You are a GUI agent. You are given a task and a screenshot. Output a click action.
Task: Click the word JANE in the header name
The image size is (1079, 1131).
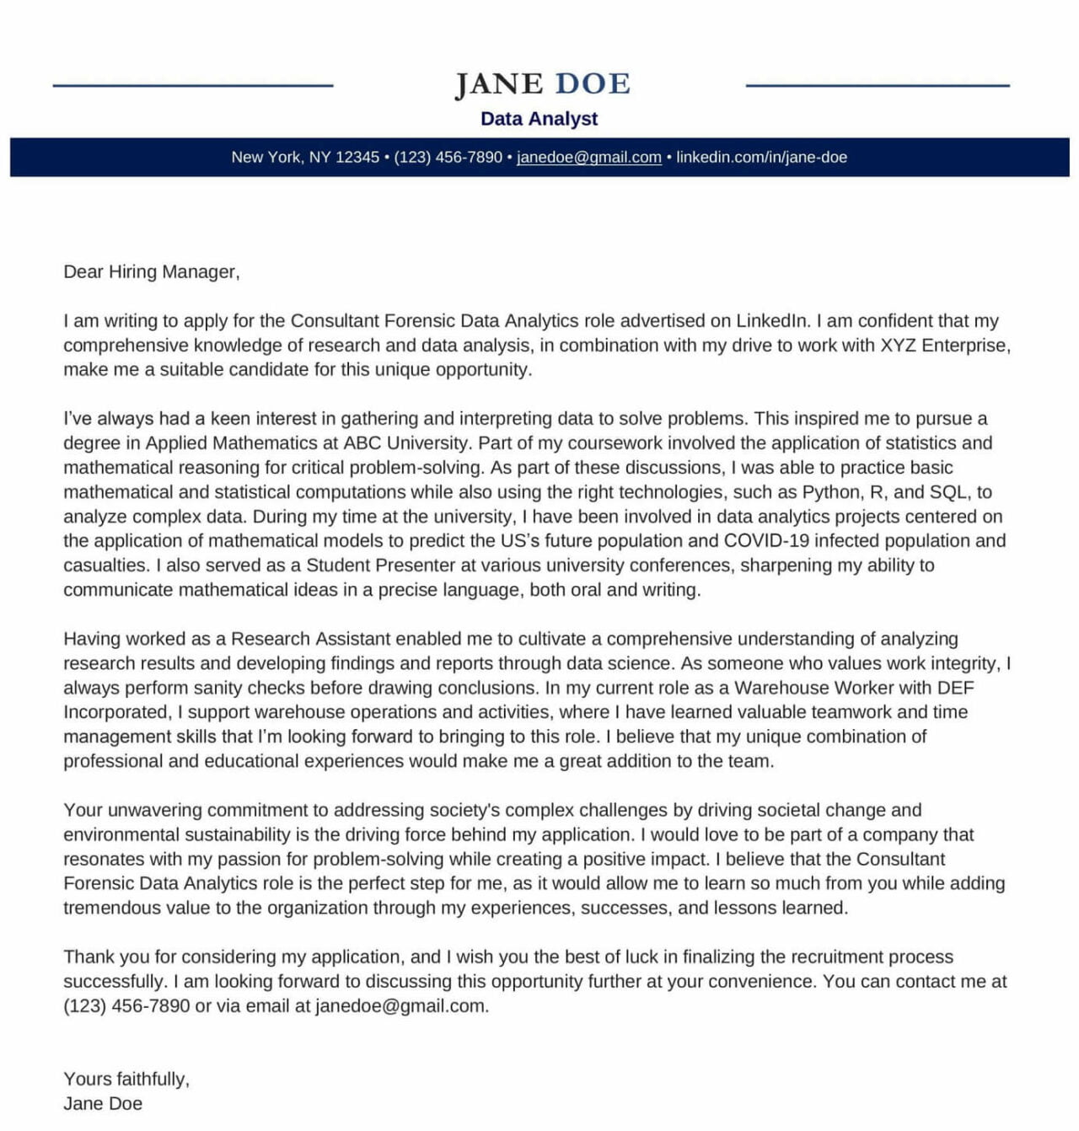(x=499, y=84)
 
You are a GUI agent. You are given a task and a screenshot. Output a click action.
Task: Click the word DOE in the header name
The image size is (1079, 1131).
(x=593, y=84)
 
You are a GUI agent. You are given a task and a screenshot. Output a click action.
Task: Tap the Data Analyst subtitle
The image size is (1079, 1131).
(x=539, y=119)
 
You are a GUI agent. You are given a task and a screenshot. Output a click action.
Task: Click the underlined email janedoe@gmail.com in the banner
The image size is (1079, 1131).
(x=588, y=158)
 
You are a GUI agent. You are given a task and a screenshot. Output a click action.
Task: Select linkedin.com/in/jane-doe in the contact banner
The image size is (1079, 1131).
(x=761, y=158)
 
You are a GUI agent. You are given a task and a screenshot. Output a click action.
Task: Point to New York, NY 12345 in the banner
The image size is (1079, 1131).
(x=305, y=158)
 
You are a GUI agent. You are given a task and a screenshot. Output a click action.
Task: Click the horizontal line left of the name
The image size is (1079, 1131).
(x=193, y=85)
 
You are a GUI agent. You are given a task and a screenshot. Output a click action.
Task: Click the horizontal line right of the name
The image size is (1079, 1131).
(x=878, y=85)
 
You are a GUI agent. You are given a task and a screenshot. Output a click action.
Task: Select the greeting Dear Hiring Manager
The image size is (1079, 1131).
(x=151, y=272)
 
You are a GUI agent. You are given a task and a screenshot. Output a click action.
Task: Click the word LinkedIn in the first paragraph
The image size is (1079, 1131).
(x=772, y=321)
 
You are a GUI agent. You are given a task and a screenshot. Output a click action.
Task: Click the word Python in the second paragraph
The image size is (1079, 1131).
(x=830, y=492)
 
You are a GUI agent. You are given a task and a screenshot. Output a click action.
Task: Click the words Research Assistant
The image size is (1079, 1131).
(x=310, y=639)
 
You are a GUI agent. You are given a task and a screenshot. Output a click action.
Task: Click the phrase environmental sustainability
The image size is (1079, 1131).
(x=177, y=835)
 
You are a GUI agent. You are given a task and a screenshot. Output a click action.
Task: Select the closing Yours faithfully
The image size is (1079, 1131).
(x=126, y=1080)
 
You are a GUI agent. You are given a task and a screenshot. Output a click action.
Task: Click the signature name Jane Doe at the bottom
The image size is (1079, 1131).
(x=103, y=1104)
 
